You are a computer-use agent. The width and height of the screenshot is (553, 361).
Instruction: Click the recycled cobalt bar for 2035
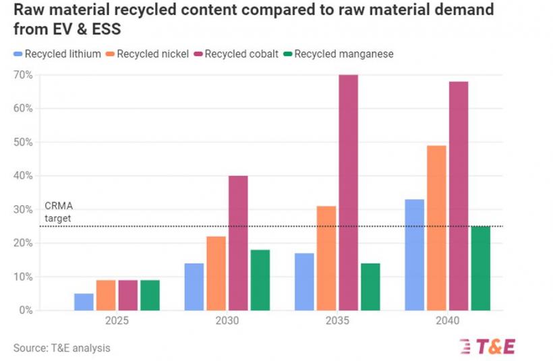[349, 192]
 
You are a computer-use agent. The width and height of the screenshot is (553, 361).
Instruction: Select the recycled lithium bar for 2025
[84, 302]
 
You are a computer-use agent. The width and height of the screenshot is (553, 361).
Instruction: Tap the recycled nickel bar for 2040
[436, 228]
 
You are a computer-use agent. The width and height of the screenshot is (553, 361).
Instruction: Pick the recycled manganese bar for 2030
[260, 280]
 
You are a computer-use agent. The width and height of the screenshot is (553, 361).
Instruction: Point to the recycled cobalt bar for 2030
[238, 243]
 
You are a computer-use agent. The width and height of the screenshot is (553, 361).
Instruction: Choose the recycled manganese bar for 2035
[370, 287]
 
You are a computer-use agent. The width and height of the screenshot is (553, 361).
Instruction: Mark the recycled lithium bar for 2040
[414, 255]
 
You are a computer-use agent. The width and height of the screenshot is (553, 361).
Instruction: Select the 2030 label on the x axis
[227, 321]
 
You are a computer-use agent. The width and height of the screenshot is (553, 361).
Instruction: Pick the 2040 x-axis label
[447, 321]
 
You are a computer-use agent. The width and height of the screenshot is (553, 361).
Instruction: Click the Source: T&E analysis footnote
[61, 348]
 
